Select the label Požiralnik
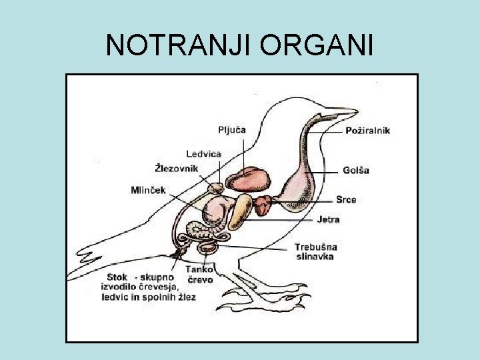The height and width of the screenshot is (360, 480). pos(367,131)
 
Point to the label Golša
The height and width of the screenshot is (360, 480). pos(356,170)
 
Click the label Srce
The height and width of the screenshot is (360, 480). pos(345,199)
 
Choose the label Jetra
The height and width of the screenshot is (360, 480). pos(328,219)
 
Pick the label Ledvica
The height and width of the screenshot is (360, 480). pos(203,154)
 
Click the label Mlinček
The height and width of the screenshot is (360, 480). pos(149,190)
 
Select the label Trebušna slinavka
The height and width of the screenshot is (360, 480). pos(315,251)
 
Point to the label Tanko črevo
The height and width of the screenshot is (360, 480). pos(199,275)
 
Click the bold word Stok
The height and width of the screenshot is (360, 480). pos(117,277)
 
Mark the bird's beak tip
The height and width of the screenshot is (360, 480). pos(356,112)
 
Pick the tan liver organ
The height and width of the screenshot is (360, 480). pos(241,211)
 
